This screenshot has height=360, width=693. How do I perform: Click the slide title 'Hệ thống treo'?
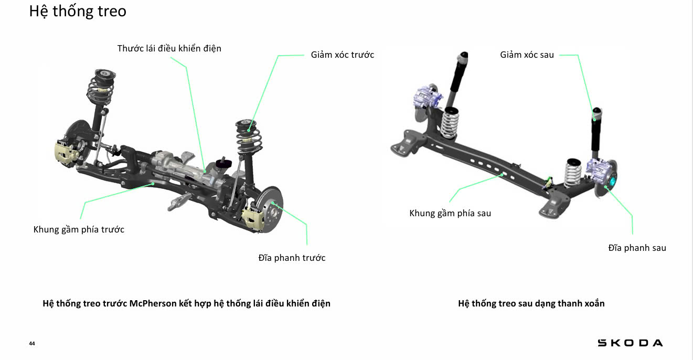click(x=78, y=12)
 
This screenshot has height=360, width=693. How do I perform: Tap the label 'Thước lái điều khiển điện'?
click(x=169, y=48)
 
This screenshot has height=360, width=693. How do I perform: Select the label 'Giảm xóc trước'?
click(x=342, y=55)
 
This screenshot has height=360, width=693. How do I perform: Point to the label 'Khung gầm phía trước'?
click(x=79, y=229)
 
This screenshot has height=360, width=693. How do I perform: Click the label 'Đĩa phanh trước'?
click(x=292, y=258)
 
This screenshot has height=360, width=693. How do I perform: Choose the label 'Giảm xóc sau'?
click(x=527, y=55)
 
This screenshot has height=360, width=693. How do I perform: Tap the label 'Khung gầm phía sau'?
click(x=450, y=213)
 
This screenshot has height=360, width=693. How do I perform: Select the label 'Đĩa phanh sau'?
click(x=637, y=248)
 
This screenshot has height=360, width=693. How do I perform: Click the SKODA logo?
click(x=630, y=343)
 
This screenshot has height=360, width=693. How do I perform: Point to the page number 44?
click(x=32, y=344)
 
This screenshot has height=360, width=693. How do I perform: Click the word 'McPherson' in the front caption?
click(x=153, y=303)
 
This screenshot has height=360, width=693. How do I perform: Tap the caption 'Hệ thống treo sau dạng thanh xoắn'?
click(x=531, y=303)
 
